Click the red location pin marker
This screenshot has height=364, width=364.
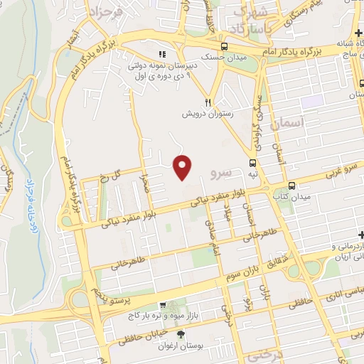183,167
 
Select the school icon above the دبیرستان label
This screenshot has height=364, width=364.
162,54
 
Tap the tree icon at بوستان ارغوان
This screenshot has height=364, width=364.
182,334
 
